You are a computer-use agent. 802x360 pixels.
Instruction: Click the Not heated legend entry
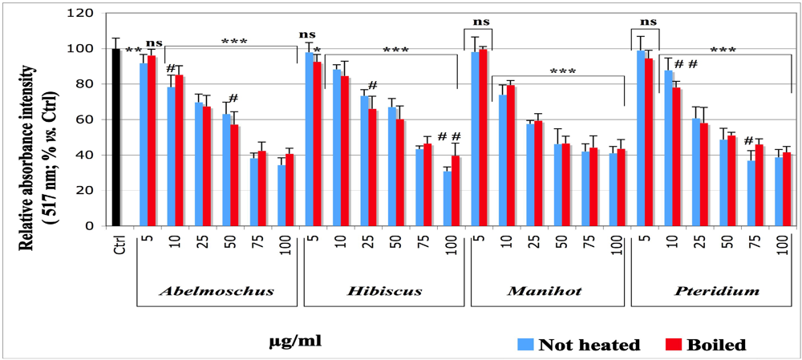click(579, 345)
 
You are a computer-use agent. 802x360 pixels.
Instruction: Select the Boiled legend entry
click(706, 345)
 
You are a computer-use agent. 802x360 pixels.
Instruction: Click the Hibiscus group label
click(385, 291)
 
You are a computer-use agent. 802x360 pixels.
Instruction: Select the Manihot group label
click(546, 291)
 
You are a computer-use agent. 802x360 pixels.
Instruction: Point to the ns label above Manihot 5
click(478, 22)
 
